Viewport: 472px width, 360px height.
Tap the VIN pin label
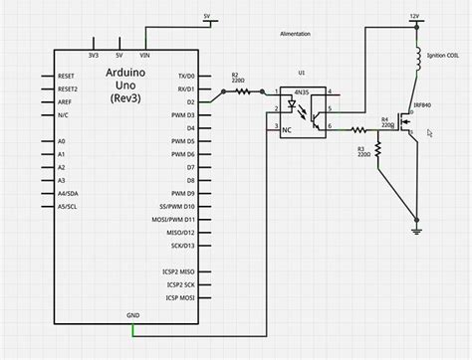click(144, 56)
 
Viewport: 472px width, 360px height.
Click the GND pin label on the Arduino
click(132, 315)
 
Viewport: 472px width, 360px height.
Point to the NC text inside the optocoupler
click(288, 130)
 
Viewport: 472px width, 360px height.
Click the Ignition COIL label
click(442, 56)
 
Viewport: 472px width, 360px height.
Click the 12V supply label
click(415, 16)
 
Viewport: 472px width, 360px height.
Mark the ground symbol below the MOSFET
click(415, 231)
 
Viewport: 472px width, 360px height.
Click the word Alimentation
click(295, 34)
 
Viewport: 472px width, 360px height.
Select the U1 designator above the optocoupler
click(303, 73)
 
